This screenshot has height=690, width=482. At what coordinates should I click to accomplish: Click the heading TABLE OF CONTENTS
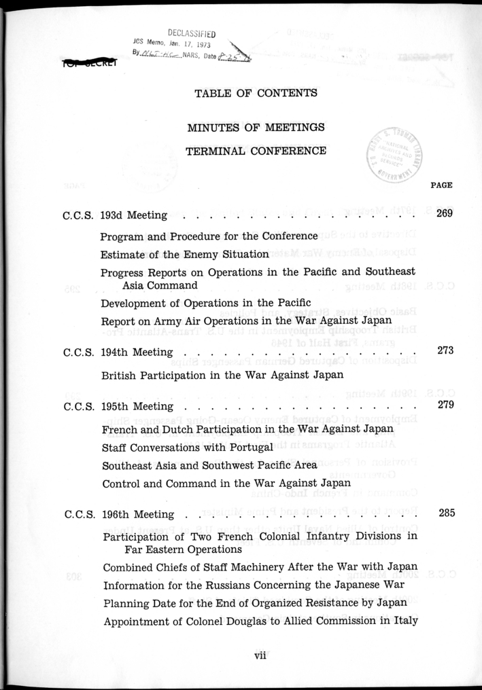point(256,93)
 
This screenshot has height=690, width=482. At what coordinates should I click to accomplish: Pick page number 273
point(446,351)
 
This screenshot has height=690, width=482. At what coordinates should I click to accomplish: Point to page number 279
point(446,406)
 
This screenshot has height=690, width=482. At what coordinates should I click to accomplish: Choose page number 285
point(446,513)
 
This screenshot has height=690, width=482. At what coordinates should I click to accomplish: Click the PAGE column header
point(442,185)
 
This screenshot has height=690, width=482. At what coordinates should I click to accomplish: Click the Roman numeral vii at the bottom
point(258,655)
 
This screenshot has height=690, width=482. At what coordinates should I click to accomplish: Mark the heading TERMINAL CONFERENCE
point(256,151)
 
